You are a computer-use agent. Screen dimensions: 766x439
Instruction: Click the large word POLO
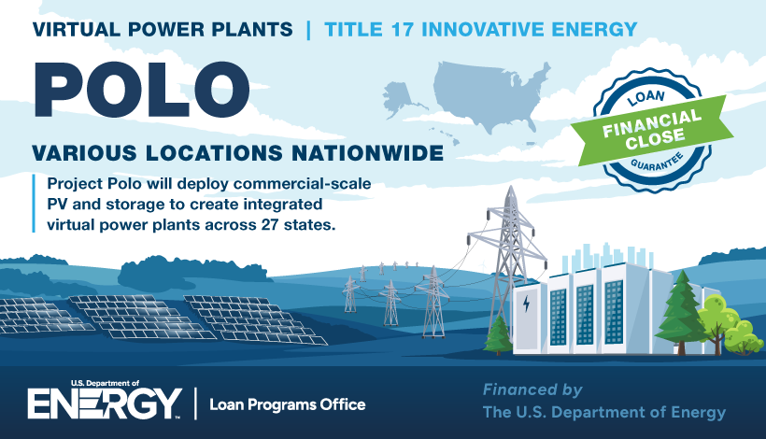coord(142,90)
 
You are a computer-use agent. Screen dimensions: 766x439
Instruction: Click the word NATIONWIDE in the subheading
coord(367,153)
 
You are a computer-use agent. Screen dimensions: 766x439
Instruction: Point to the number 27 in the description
coord(272,225)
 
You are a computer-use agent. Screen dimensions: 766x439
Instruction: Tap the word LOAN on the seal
coord(645,97)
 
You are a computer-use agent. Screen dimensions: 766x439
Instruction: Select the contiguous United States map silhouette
coord(490,95)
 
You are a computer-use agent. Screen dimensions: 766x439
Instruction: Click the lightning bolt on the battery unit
coord(526,304)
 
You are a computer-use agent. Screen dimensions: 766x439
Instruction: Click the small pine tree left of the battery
coord(498,335)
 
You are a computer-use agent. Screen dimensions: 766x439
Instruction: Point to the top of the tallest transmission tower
coord(510,187)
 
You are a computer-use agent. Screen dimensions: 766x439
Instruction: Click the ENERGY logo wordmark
coord(105,404)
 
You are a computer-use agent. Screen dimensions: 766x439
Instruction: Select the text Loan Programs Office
coord(288,404)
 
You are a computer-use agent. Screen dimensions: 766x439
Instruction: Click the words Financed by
coord(532,390)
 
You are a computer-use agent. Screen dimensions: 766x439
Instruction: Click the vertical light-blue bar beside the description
coord(34,203)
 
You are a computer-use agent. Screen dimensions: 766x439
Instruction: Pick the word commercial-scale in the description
coord(302,184)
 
